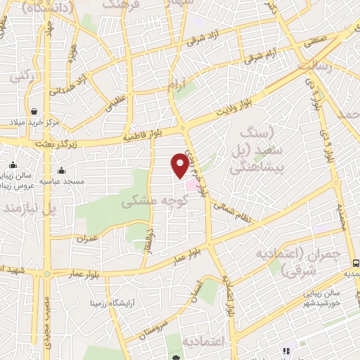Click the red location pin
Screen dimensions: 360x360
(180, 165)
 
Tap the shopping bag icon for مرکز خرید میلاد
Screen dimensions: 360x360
(34, 110)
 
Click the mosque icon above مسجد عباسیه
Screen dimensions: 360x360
(62, 169)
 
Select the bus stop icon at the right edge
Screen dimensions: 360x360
(355, 262)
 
